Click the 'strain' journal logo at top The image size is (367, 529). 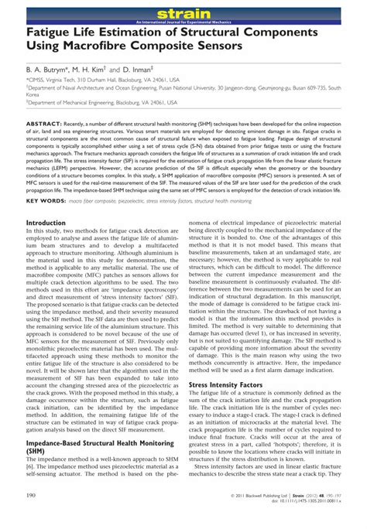click(x=183, y=12)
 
